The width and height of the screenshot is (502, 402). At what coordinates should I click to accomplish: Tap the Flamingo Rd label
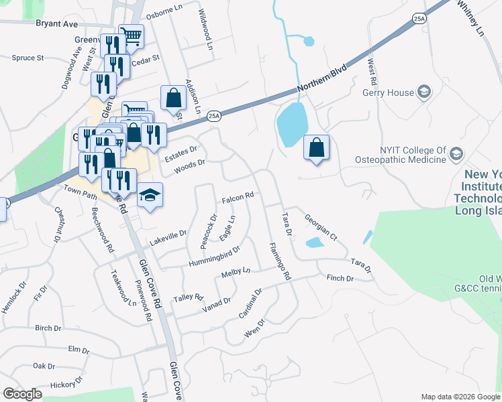pyautogui.click(x=279, y=261)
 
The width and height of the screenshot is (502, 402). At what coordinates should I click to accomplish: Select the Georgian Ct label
pyautogui.click(x=320, y=228)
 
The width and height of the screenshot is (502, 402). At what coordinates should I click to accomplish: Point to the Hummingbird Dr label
pyautogui.click(x=215, y=255)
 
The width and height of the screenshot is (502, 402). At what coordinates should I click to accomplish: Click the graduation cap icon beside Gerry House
pyautogui.click(x=424, y=91)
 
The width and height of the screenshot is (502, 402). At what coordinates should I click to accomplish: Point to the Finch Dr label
pyautogui.click(x=340, y=277)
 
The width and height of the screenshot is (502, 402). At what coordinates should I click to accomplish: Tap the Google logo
pyautogui.click(x=22, y=393)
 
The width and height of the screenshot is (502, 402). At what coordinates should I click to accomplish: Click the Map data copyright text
pyautogui.click(x=460, y=397)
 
